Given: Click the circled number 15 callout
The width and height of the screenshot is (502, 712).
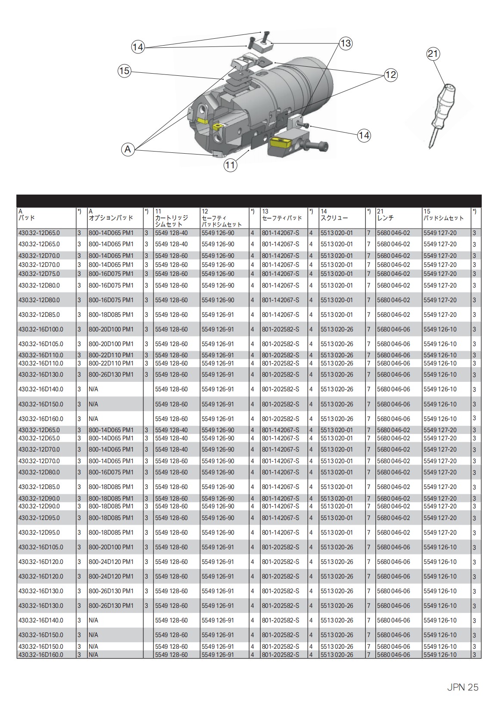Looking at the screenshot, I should (124, 71).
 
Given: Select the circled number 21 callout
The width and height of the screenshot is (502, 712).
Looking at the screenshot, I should (433, 54).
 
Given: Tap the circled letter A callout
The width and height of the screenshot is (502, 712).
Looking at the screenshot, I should (128, 149).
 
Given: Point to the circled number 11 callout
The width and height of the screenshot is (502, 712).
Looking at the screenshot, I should (231, 165).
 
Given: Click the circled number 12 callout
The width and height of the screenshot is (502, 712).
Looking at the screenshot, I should (390, 75).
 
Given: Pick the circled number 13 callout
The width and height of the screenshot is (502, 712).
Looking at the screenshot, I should (346, 43).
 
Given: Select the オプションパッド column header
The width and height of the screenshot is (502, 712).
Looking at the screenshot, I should (111, 218).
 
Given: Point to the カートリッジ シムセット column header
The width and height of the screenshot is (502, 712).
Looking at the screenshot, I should (171, 221).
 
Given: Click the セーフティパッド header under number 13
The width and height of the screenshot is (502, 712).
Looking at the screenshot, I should (282, 218).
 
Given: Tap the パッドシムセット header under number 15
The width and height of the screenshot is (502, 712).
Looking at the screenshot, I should (443, 218).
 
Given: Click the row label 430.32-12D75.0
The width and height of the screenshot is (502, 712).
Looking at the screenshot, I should (39, 274).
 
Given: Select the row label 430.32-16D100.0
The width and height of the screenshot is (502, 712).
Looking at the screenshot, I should (41, 329).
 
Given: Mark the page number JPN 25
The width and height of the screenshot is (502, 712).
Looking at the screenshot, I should (462, 687).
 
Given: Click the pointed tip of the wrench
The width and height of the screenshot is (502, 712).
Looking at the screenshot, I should (430, 147).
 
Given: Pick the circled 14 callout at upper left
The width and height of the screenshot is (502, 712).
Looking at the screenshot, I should (137, 47).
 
